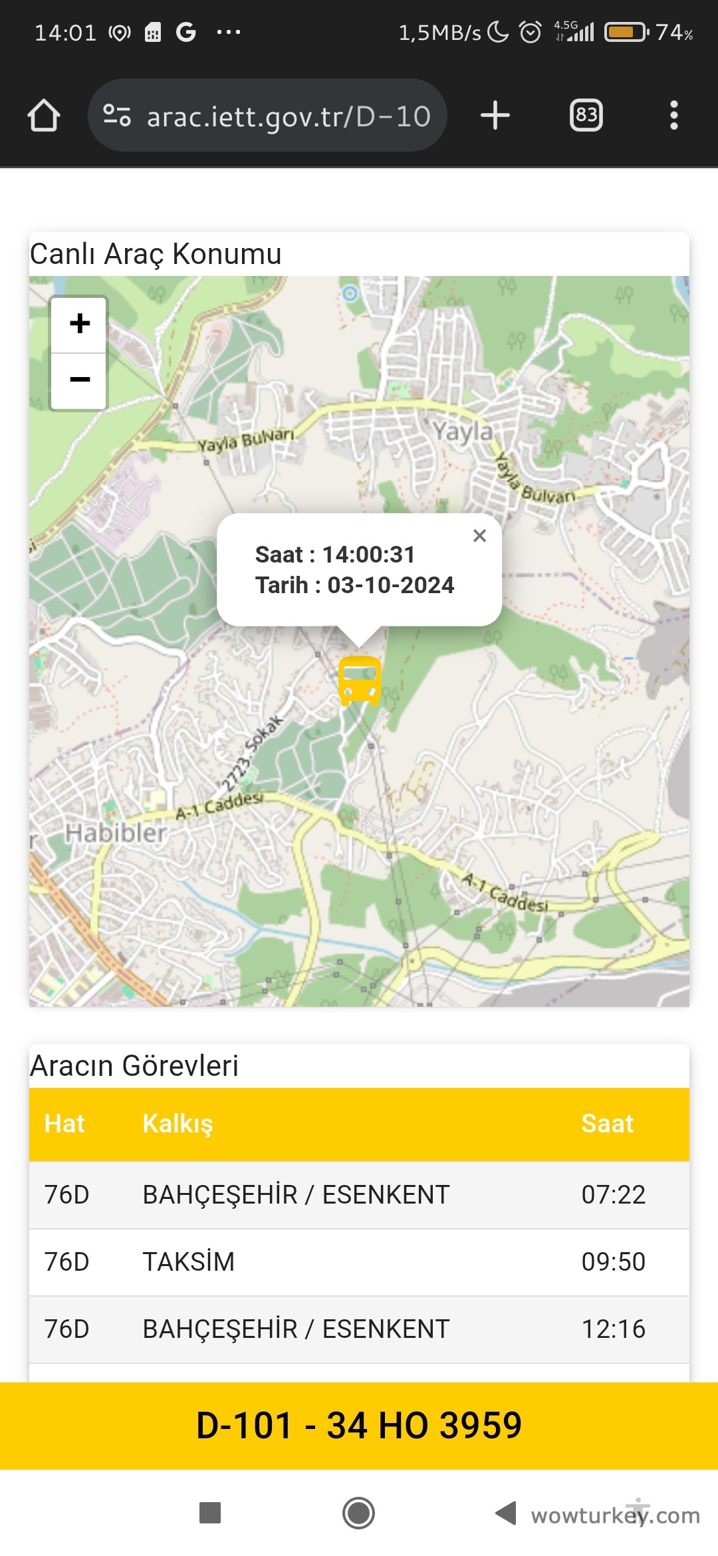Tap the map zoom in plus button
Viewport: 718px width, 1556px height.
(x=80, y=324)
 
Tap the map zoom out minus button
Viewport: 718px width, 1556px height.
(x=80, y=380)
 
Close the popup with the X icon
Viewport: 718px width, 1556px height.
(x=479, y=535)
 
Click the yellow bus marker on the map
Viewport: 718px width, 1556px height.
(x=360, y=680)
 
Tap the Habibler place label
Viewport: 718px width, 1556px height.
(x=116, y=833)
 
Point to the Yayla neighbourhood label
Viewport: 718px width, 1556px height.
(x=463, y=432)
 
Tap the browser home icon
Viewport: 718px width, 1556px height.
(x=44, y=116)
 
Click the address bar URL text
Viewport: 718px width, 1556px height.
(x=289, y=116)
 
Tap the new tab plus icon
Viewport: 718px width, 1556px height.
(x=495, y=116)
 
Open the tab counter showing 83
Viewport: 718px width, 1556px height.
(x=586, y=116)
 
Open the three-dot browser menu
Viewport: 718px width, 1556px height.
(x=674, y=116)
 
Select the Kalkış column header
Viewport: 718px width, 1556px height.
(x=178, y=1124)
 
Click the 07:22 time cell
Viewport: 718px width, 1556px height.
(x=613, y=1195)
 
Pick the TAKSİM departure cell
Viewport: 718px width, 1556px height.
(x=189, y=1262)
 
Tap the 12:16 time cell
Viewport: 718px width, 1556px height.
(x=613, y=1329)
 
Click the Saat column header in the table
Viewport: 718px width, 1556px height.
(x=607, y=1124)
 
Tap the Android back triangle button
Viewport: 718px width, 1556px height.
(x=506, y=1513)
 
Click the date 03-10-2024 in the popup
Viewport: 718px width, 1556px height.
(x=391, y=585)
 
